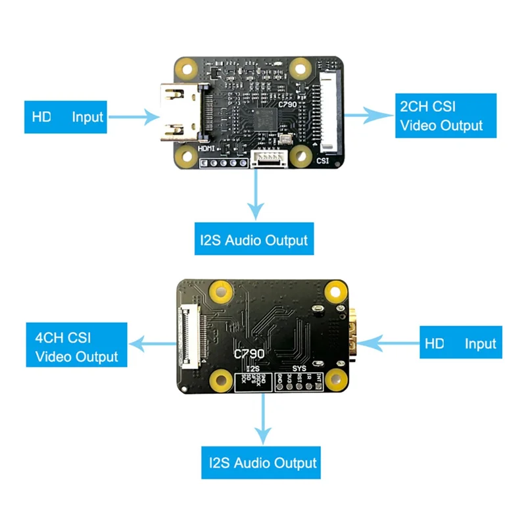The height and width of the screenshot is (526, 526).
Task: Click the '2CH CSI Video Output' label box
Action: [x=445, y=115]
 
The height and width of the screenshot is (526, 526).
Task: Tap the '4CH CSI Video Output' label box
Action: [x=76, y=347]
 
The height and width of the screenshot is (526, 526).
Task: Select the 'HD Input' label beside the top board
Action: [x=66, y=117]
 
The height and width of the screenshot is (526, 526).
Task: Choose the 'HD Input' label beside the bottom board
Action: [x=460, y=343]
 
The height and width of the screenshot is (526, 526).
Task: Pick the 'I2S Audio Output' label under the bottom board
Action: [x=262, y=462]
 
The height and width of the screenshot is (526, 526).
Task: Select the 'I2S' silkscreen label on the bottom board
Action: [x=252, y=370]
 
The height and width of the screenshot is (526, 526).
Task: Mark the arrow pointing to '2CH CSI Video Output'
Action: [x=369, y=115]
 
